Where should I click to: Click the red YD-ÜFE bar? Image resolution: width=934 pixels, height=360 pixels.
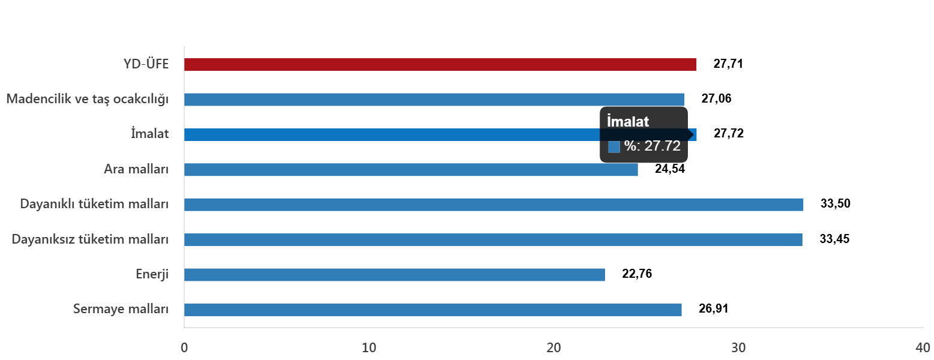[x=440, y=65]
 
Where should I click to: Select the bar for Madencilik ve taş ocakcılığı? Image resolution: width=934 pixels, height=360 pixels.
[x=434, y=100]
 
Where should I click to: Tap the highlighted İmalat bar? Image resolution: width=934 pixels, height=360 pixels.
[x=390, y=134]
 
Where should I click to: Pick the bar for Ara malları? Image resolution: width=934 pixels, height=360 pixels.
[x=411, y=170]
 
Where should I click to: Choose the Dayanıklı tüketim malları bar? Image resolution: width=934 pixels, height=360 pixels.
[x=493, y=205]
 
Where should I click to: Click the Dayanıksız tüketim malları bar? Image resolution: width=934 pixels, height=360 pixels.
[x=493, y=240]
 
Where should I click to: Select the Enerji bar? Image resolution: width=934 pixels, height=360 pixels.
[x=394, y=275]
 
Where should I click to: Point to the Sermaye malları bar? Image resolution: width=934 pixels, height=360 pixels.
[x=433, y=310]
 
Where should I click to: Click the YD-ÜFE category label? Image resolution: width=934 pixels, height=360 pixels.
[x=146, y=65]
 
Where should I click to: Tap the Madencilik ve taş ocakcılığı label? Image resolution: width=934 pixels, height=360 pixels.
[x=87, y=100]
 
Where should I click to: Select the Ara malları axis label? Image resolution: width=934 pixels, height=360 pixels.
[x=136, y=170]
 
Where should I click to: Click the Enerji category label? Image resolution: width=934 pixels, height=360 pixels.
[x=152, y=275]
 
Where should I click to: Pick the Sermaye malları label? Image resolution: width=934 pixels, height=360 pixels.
[x=121, y=310]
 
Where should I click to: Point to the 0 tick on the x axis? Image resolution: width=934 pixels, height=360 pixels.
[x=184, y=348]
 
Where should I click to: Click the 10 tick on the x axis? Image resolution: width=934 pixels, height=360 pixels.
[x=369, y=348]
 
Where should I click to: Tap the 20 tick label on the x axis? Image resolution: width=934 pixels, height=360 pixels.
[x=553, y=348]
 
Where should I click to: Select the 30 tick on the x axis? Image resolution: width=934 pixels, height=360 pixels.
[x=738, y=348]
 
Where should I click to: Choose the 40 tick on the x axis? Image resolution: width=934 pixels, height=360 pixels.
[x=922, y=348]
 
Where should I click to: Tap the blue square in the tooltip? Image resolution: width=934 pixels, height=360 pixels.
[x=614, y=147]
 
